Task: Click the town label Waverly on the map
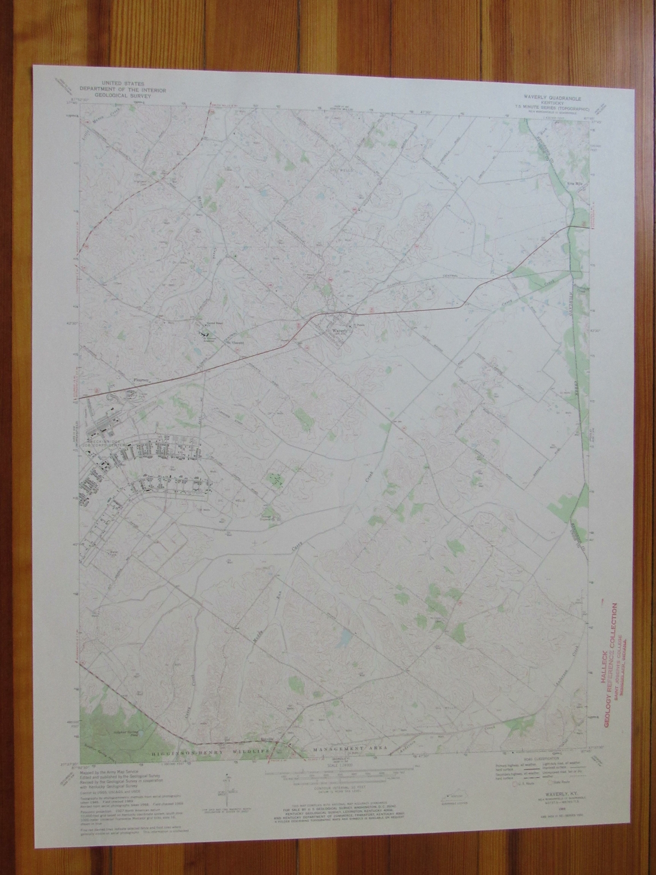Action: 338,331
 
